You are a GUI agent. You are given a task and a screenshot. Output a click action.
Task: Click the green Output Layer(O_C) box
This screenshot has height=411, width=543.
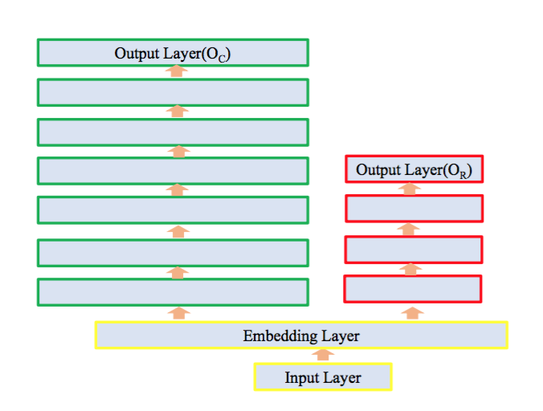[x=173, y=53]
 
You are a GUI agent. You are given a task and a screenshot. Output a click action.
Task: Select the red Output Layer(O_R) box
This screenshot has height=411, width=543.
[x=414, y=169]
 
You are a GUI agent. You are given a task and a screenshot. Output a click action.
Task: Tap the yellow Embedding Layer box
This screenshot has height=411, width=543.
[x=301, y=336]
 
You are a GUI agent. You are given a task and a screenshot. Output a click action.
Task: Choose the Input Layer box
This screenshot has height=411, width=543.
[x=323, y=376]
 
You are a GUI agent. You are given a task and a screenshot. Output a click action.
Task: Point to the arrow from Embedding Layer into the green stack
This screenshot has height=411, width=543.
[x=179, y=312]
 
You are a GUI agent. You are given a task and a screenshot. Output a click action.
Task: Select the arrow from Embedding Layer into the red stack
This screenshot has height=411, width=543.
[x=411, y=311]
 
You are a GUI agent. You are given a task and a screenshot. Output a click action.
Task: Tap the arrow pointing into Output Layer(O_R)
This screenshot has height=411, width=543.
[x=410, y=189]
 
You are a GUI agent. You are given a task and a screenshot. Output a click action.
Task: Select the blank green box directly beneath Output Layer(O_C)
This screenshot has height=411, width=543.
[x=173, y=92]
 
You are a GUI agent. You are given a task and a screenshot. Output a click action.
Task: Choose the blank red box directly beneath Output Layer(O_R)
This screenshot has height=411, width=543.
[x=414, y=209]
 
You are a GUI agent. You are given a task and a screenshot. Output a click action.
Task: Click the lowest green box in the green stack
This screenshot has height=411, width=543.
[x=173, y=291]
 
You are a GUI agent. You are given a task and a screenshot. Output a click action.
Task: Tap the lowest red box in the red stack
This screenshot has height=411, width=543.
[x=414, y=288]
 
